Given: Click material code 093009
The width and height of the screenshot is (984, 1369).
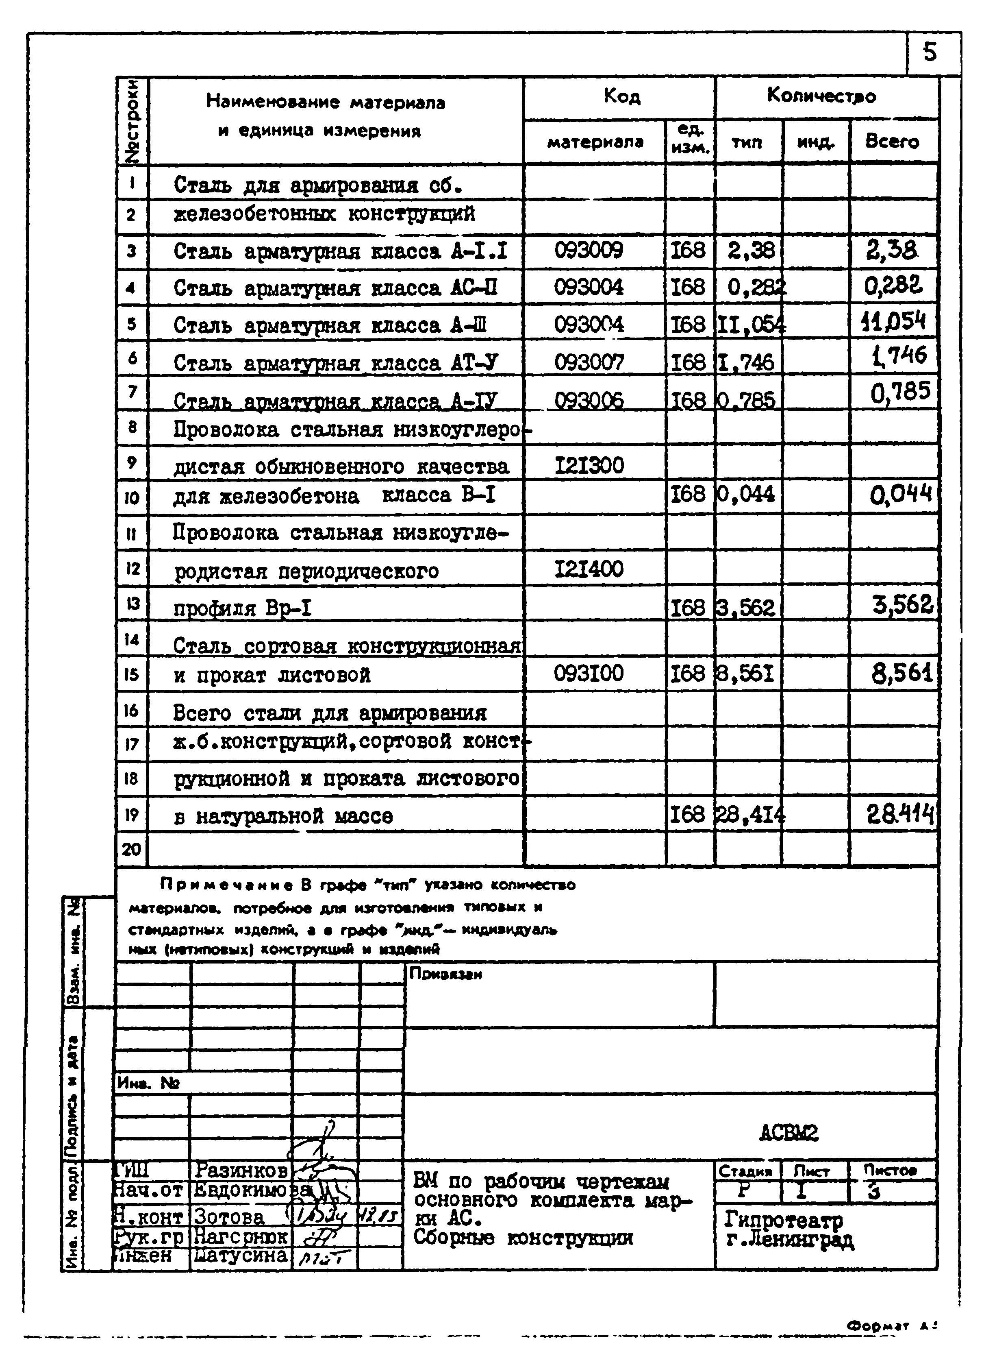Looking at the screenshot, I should [x=588, y=250].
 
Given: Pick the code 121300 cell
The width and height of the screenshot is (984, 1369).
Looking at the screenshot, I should [x=589, y=465].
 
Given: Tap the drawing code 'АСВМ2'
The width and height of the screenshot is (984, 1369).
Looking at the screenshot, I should [x=789, y=1134].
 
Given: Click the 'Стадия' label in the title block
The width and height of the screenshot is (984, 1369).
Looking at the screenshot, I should [x=746, y=1171].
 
